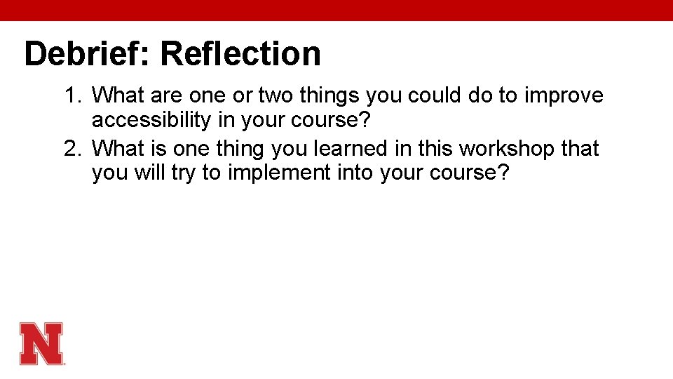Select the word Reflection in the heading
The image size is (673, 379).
(x=240, y=54)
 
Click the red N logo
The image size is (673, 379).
(x=42, y=343)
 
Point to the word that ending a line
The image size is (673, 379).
(x=580, y=149)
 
